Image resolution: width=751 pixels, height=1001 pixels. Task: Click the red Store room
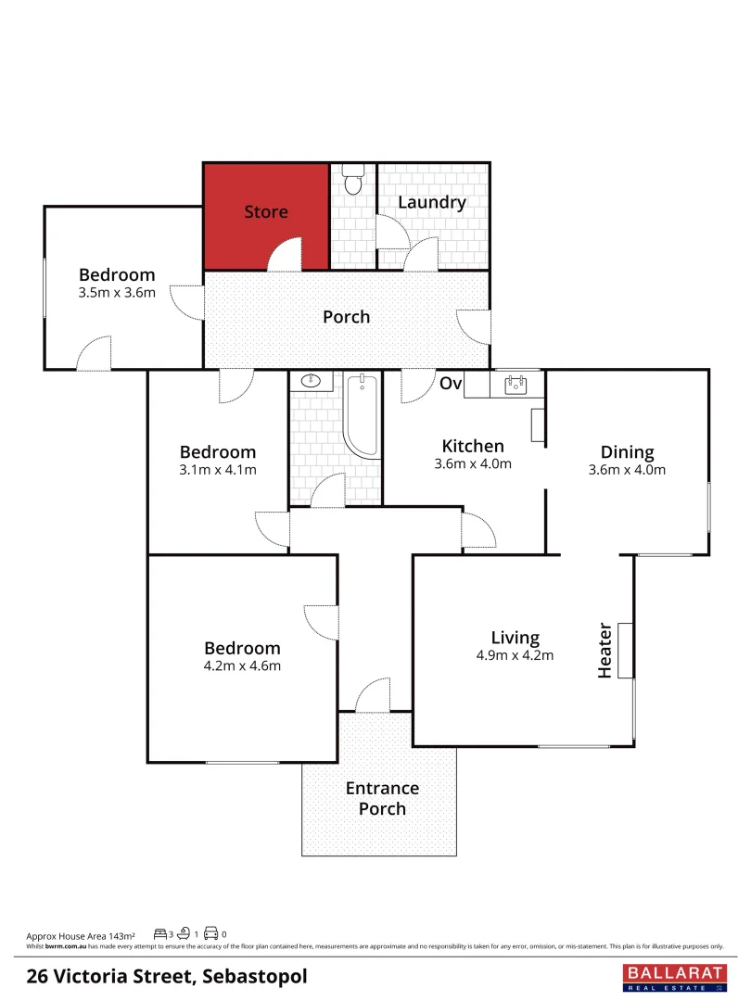click(266, 213)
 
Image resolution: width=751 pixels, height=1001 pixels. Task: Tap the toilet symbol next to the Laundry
click(352, 179)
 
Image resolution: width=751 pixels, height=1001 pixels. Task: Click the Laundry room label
click(431, 202)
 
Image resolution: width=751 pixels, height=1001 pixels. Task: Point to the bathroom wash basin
click(311, 380)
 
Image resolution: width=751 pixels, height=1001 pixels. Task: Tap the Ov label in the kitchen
click(451, 384)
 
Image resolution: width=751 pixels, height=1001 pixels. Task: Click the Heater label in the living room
click(605, 650)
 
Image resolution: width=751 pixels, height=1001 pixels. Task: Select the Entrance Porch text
click(382, 798)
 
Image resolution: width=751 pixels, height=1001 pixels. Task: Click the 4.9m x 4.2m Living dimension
click(515, 655)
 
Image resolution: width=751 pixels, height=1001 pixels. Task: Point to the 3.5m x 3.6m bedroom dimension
click(117, 293)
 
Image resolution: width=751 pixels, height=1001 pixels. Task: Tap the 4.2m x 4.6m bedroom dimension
click(242, 665)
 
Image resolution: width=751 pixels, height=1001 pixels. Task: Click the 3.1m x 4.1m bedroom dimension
click(218, 469)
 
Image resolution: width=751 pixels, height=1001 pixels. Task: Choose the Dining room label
click(627, 452)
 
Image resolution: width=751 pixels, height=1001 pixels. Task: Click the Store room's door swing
click(286, 254)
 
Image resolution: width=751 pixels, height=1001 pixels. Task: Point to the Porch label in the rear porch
click(346, 317)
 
